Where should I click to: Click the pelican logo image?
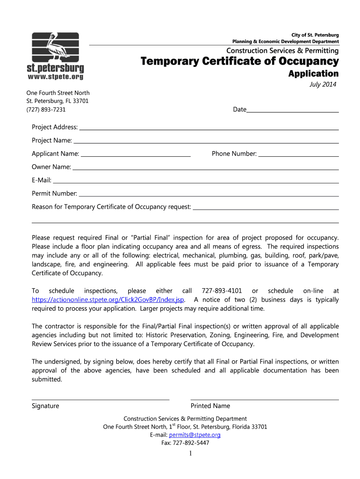[55, 47]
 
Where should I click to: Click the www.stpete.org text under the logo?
[55, 76]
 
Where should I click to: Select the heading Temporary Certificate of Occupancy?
[240, 61]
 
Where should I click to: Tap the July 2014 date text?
[323, 84]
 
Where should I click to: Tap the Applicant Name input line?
[136, 154]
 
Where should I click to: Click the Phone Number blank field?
[298, 154]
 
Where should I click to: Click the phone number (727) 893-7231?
[46, 109]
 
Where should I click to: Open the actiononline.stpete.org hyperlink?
[108, 300]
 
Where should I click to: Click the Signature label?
[45, 406]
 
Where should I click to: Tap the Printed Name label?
[210, 406]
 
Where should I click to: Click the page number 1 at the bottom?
[191, 454]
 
